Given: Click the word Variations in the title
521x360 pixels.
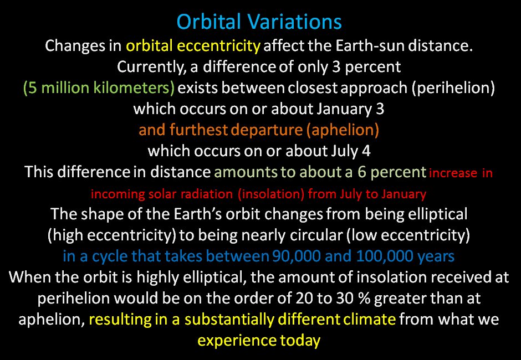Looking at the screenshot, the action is tap(294, 22).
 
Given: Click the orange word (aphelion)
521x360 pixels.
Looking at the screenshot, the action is tap(343, 130).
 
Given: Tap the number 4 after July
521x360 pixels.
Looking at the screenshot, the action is tap(366, 151).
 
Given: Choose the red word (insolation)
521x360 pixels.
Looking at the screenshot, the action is tap(271, 194).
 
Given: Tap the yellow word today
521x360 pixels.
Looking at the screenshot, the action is tap(300, 341).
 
